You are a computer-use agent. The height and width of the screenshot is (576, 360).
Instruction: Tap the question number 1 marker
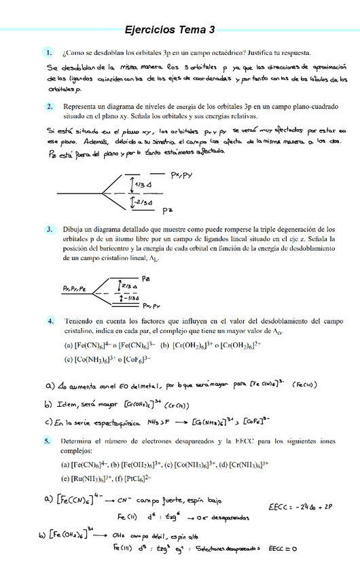49,52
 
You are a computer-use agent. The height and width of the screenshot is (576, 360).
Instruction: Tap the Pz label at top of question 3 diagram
146,277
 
